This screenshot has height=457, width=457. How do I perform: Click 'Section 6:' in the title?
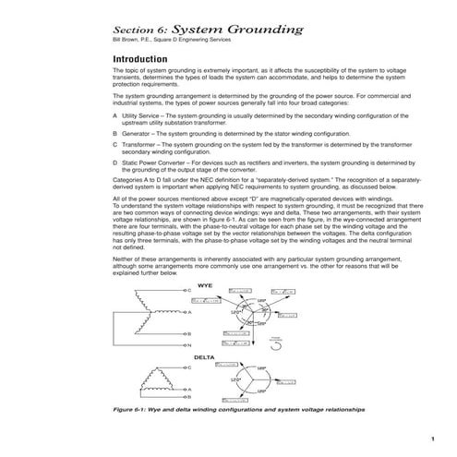(x=138, y=30)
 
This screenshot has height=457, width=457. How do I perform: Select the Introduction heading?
(x=140, y=57)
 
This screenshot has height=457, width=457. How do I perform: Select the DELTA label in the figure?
(x=205, y=356)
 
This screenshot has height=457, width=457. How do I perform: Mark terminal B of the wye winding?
(x=188, y=333)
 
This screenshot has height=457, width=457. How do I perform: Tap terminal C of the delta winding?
(x=189, y=367)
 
